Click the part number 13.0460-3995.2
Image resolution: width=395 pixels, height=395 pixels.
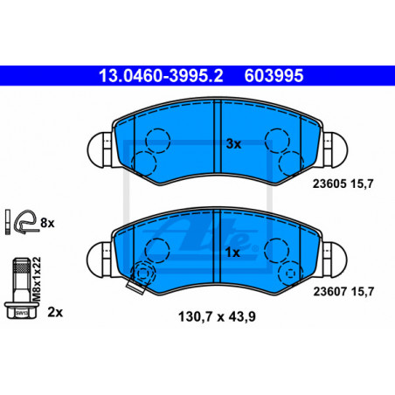click(x=161, y=76)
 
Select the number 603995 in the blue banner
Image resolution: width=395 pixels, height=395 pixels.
click(x=274, y=76)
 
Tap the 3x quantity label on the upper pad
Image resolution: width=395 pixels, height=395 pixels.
click(x=234, y=144)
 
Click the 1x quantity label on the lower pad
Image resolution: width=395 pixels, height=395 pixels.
click(x=232, y=253)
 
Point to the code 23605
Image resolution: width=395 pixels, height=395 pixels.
click(x=329, y=184)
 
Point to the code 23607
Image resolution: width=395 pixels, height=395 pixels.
click(x=329, y=291)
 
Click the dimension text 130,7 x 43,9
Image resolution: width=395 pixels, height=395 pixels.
click(x=217, y=316)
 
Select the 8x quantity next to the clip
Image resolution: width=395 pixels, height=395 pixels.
click(x=47, y=223)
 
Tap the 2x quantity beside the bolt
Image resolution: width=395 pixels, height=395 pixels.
click(x=55, y=312)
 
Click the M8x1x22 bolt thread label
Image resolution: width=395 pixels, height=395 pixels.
click(x=37, y=280)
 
